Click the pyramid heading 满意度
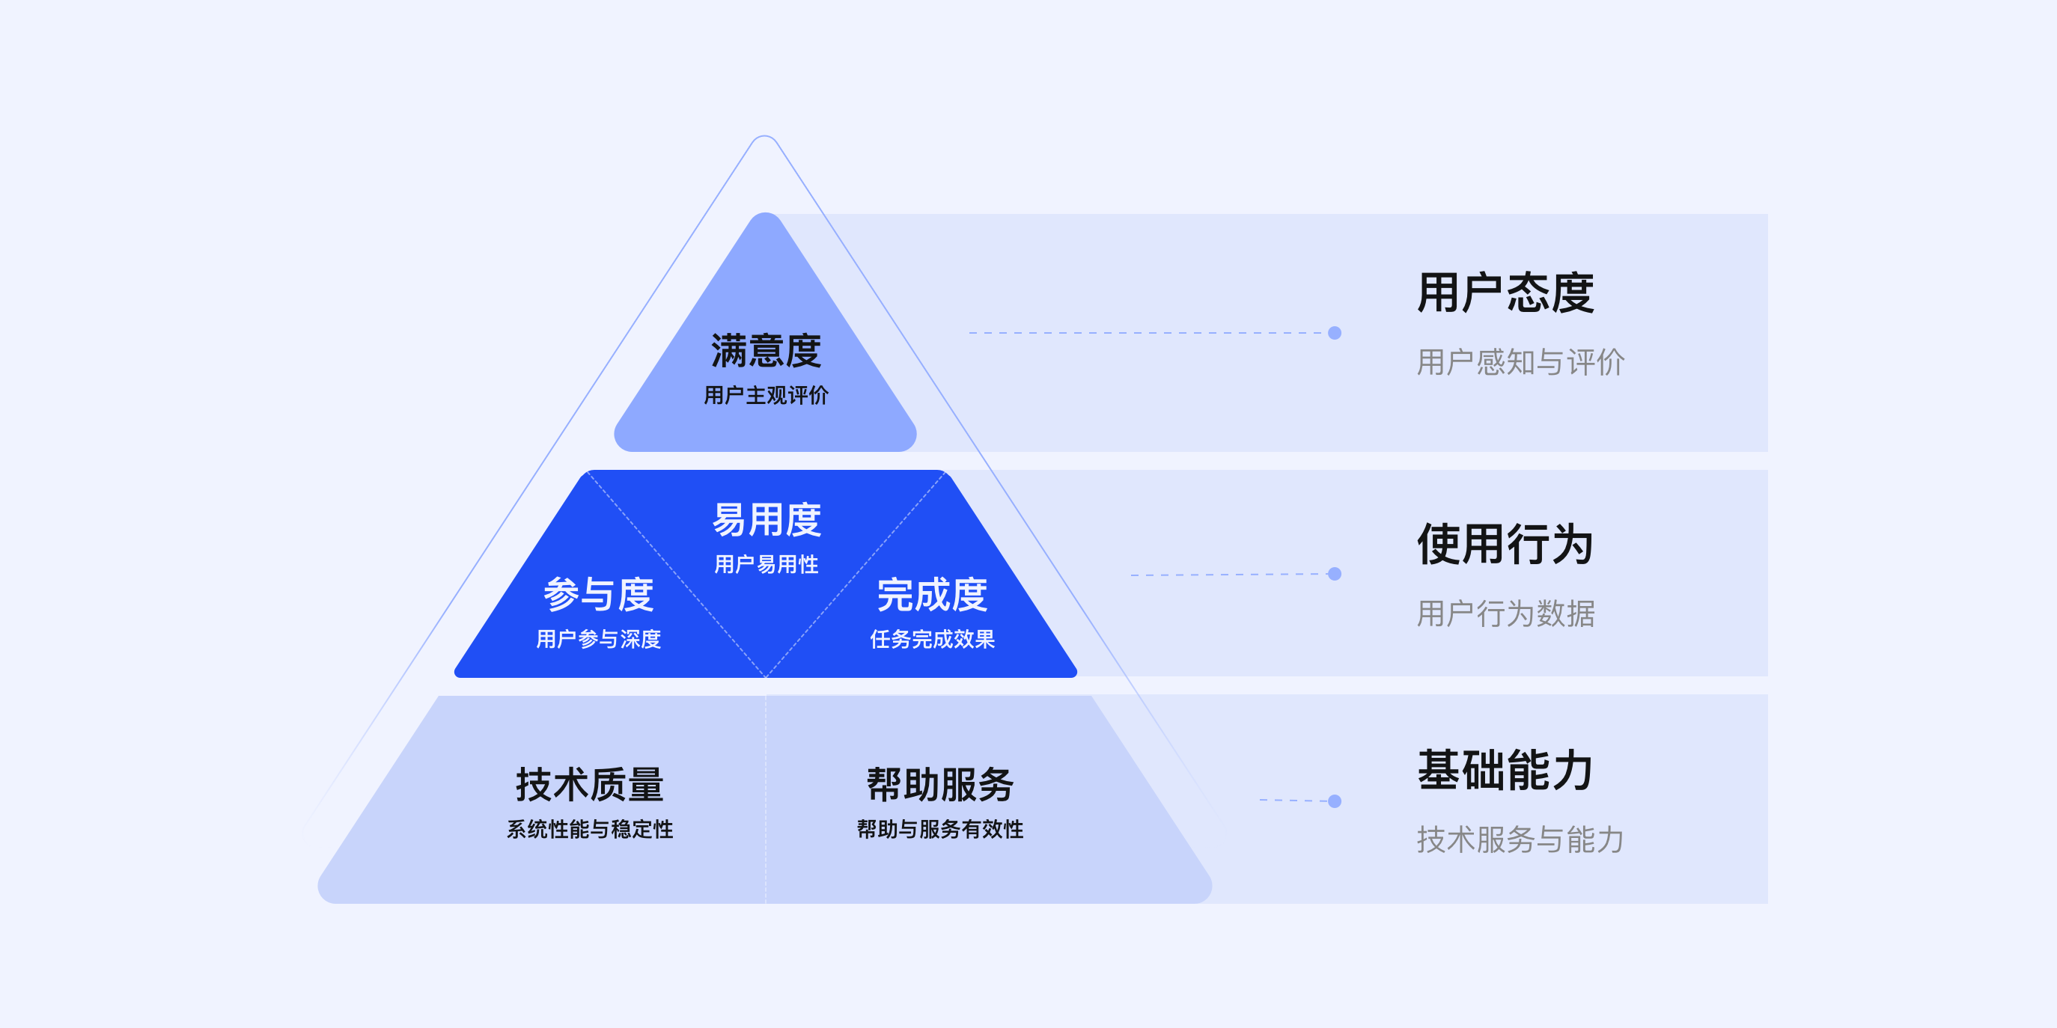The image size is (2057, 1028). (766, 351)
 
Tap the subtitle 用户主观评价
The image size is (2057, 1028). (766, 395)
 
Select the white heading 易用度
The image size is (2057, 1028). (767, 521)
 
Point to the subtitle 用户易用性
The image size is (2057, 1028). (767, 564)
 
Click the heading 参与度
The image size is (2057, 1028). (598, 595)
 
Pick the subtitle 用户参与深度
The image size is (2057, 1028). (598, 639)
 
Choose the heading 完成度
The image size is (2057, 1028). (932, 595)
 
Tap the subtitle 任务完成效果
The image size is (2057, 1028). (932, 639)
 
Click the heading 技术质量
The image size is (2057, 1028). (589, 785)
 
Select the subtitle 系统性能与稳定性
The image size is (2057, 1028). (589, 829)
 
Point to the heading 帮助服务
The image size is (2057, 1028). (940, 785)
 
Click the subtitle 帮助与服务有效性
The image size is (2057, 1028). (940, 829)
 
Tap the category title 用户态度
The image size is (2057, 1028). (1505, 293)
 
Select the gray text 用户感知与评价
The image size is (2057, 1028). (1520, 362)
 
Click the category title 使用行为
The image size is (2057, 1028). (1505, 545)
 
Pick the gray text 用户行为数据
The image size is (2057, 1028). (1505, 614)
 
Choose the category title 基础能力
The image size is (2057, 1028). (1505, 770)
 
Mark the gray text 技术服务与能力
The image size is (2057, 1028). (1520, 839)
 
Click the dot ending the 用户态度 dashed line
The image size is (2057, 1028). (1335, 333)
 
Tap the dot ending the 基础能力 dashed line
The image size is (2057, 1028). (1335, 801)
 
